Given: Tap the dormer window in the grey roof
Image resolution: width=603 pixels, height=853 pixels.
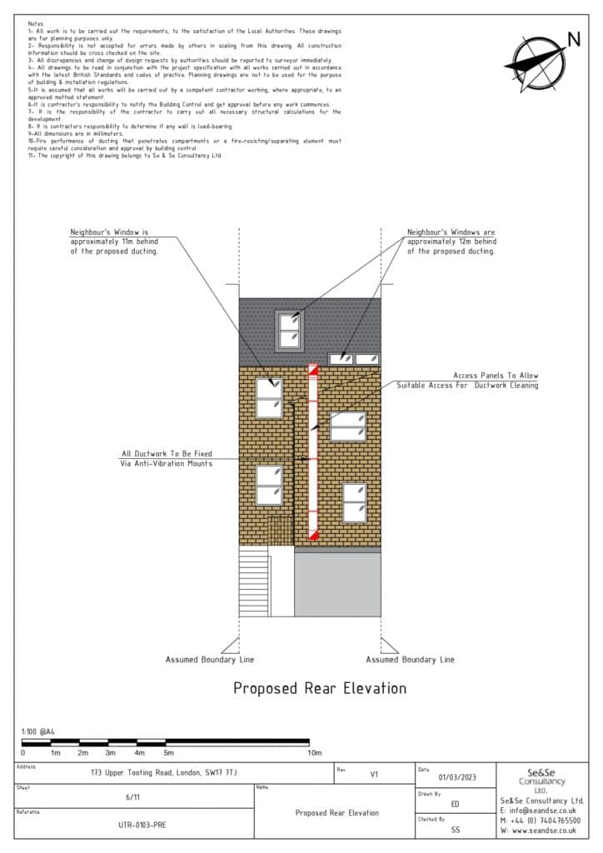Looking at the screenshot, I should [x=290, y=330].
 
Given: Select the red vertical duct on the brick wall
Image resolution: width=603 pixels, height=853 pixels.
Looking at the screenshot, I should [x=313, y=451].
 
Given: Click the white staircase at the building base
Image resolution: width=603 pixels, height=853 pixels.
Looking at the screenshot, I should [x=254, y=581].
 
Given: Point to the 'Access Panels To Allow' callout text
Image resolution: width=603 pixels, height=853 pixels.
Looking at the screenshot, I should [x=495, y=376].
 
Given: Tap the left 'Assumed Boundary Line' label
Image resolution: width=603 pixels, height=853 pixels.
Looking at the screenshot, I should [x=210, y=660].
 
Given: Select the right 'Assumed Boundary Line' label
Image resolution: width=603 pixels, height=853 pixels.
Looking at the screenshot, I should [x=410, y=660].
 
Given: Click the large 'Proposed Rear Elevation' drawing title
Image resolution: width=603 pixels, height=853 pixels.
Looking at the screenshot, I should [x=319, y=688].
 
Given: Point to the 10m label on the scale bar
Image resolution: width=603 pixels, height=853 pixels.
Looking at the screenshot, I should [x=315, y=752].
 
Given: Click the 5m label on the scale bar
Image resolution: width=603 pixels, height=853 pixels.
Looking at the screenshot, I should [x=168, y=752].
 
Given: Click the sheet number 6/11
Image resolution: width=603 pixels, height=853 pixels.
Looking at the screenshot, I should [x=133, y=797].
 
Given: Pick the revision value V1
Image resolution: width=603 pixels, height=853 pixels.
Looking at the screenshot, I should [x=374, y=774].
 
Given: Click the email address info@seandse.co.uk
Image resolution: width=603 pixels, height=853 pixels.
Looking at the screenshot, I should [x=540, y=810].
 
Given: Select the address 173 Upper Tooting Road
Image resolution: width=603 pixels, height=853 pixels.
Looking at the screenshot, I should [x=164, y=773].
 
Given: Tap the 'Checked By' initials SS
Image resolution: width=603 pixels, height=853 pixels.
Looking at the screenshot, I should [x=455, y=830].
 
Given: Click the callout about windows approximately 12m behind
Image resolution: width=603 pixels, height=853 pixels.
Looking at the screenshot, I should [x=451, y=241].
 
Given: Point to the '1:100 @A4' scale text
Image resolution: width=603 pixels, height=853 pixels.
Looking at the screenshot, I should [x=38, y=731].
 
